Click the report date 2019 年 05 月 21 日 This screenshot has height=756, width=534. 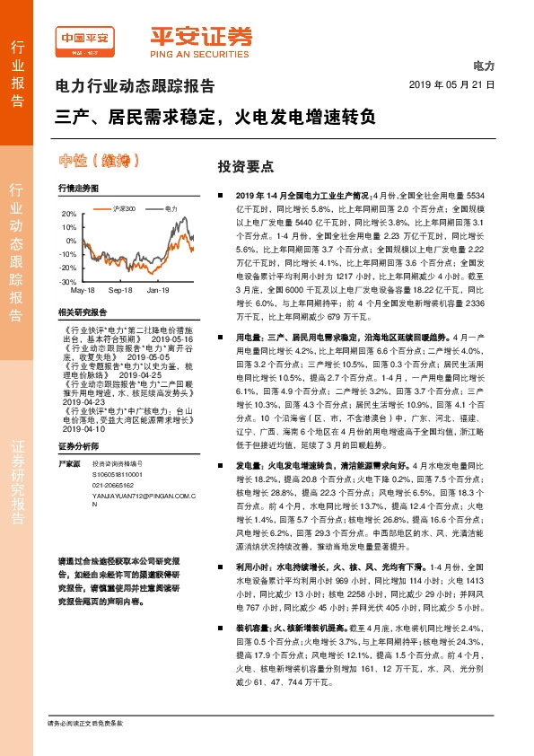451,85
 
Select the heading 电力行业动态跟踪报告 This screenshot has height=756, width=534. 135,87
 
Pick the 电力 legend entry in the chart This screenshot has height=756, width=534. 171,208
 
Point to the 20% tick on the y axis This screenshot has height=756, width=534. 69,215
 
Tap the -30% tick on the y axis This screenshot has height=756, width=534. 68,282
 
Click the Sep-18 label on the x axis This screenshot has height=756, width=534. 120,291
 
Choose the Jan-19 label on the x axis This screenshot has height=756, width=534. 158,291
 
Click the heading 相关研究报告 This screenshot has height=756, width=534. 82,312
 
